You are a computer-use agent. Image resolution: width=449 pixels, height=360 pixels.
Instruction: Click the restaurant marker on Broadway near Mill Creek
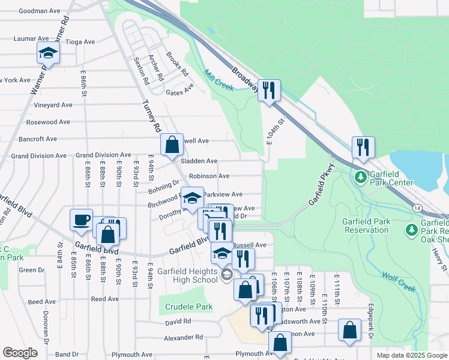tap(269, 90)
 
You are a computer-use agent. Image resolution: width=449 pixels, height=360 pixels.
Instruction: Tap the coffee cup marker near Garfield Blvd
tap(81, 220)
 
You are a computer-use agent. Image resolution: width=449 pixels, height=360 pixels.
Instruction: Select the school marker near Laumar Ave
tap(48, 54)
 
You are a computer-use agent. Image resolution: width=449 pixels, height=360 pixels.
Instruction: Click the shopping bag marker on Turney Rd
tap(172, 144)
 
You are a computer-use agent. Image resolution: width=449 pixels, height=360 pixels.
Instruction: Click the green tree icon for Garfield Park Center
tap(360, 177)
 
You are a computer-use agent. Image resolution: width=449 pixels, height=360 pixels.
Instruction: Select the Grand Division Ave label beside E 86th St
tap(103, 155)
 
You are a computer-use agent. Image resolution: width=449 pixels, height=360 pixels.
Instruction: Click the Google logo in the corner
tap(20, 353)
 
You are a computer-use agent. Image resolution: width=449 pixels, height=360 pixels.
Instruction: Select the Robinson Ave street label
tap(209, 176)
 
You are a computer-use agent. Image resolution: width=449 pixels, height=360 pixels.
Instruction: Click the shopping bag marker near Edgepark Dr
tap(349, 330)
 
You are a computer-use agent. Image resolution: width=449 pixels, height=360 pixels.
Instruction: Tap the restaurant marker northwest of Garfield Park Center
tap(363, 148)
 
